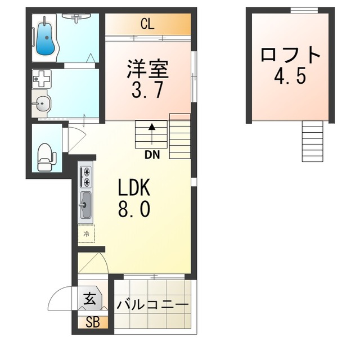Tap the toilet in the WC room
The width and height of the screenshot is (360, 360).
[47, 157]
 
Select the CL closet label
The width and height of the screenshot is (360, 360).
[147, 24]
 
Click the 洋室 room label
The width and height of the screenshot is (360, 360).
[147, 69]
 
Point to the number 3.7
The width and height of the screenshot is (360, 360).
[147, 90]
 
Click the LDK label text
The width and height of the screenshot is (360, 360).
[134, 187]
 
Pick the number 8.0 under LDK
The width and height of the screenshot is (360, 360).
[134, 209]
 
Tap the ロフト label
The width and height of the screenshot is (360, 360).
[290, 55]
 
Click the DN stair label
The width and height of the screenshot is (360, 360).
[152, 155]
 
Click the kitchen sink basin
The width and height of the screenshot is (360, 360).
[86, 205]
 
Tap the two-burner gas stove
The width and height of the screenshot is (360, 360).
[86, 176]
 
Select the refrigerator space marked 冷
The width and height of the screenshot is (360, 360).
[86, 234]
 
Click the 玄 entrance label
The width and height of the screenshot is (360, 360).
[90, 299]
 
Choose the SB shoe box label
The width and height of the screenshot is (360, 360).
[93, 322]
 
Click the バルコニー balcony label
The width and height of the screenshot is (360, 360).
[152, 305]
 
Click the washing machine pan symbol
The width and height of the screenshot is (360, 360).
[42, 79]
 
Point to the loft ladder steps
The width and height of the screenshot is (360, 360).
[313, 141]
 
